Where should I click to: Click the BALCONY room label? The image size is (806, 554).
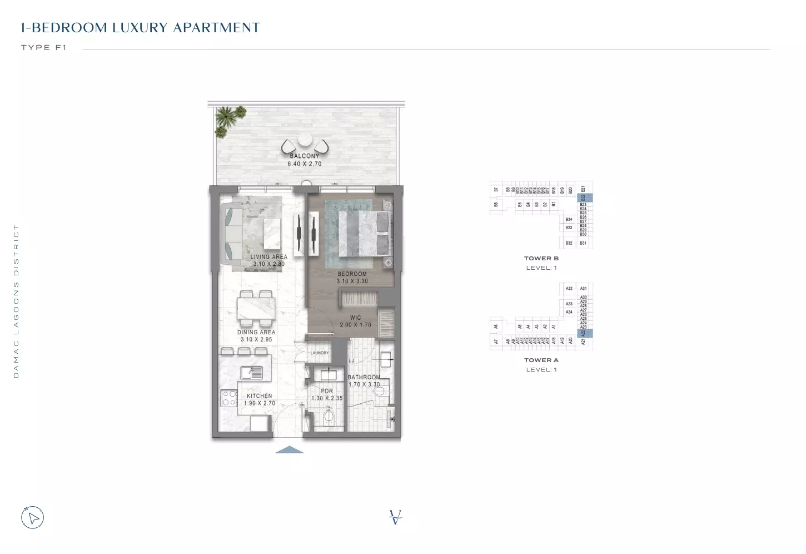point(305,156)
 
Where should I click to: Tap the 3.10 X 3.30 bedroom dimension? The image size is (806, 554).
point(352,281)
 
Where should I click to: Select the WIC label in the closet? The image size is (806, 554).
point(356,318)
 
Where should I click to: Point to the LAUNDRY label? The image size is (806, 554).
point(320,353)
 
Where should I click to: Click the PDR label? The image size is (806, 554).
point(327,391)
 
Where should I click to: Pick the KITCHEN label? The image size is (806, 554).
point(260,396)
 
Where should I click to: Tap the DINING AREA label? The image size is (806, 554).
point(256,332)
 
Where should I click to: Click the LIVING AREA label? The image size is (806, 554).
point(269,257)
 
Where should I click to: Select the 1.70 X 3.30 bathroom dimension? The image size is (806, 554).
point(364,384)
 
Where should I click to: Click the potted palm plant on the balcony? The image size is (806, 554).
point(228,120)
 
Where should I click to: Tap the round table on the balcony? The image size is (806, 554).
point(305,140)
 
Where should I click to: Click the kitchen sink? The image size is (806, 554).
point(251,373)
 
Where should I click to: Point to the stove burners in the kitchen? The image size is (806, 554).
point(230,398)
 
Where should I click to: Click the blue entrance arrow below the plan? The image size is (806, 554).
point(290,450)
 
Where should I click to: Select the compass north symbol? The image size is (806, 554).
point(33,518)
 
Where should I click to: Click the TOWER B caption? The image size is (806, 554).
point(541,259)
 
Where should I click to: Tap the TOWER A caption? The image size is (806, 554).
point(541,360)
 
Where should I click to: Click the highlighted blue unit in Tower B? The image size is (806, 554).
point(583,197)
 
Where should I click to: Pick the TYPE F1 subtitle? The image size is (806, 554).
point(44,48)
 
